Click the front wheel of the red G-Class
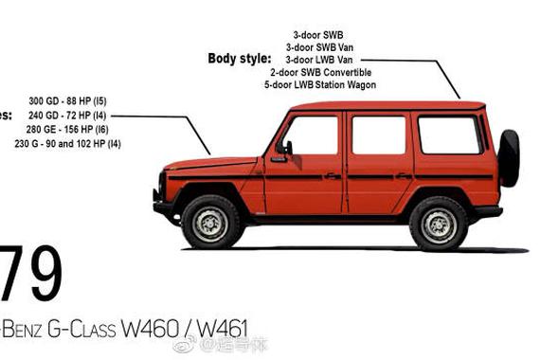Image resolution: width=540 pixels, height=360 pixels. [x=210, y=222]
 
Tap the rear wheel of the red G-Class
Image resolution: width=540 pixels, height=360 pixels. [x=438, y=223]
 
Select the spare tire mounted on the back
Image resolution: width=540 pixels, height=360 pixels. [x=509, y=158]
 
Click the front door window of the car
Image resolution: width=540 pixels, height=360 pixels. [x=311, y=135]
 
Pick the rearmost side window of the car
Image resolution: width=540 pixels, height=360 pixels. [x=449, y=135]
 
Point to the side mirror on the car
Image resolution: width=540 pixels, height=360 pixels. [x=286, y=148]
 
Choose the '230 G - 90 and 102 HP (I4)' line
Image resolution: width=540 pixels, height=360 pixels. [x=67, y=144]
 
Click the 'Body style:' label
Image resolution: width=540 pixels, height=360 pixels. [x=240, y=59]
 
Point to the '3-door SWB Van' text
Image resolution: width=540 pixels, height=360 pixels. [x=319, y=46]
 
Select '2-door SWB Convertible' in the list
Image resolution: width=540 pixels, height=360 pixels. [x=320, y=72]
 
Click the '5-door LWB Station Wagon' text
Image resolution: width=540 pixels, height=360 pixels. [x=320, y=85]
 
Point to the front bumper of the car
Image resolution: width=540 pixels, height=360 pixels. [x=161, y=205]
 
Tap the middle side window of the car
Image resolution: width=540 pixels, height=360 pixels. [x=378, y=135]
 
